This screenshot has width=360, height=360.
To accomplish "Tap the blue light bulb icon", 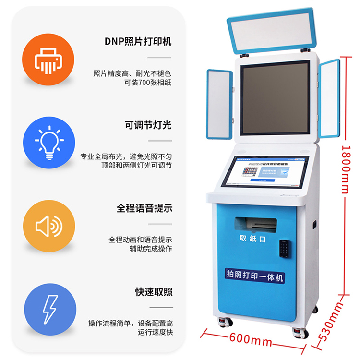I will [49, 142].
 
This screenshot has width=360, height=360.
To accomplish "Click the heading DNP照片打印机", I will [138, 42].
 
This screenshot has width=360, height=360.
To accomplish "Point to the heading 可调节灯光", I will [147, 126].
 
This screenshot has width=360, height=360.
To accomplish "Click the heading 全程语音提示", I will [144, 209].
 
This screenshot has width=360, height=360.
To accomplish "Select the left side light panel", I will [219, 104].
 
